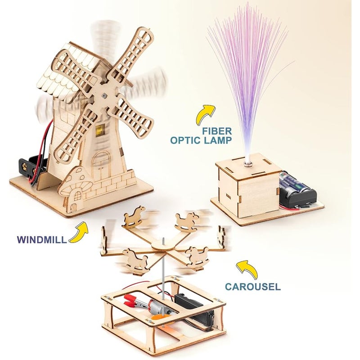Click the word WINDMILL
point(41,239)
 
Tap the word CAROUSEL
point(253,287)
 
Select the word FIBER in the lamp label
point(217,131)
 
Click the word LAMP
point(216,140)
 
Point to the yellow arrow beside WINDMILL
point(79,232)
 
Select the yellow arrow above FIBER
point(205,115)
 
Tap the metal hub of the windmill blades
point(104,95)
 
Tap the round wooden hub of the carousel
point(162,246)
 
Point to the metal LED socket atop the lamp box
point(248,164)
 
